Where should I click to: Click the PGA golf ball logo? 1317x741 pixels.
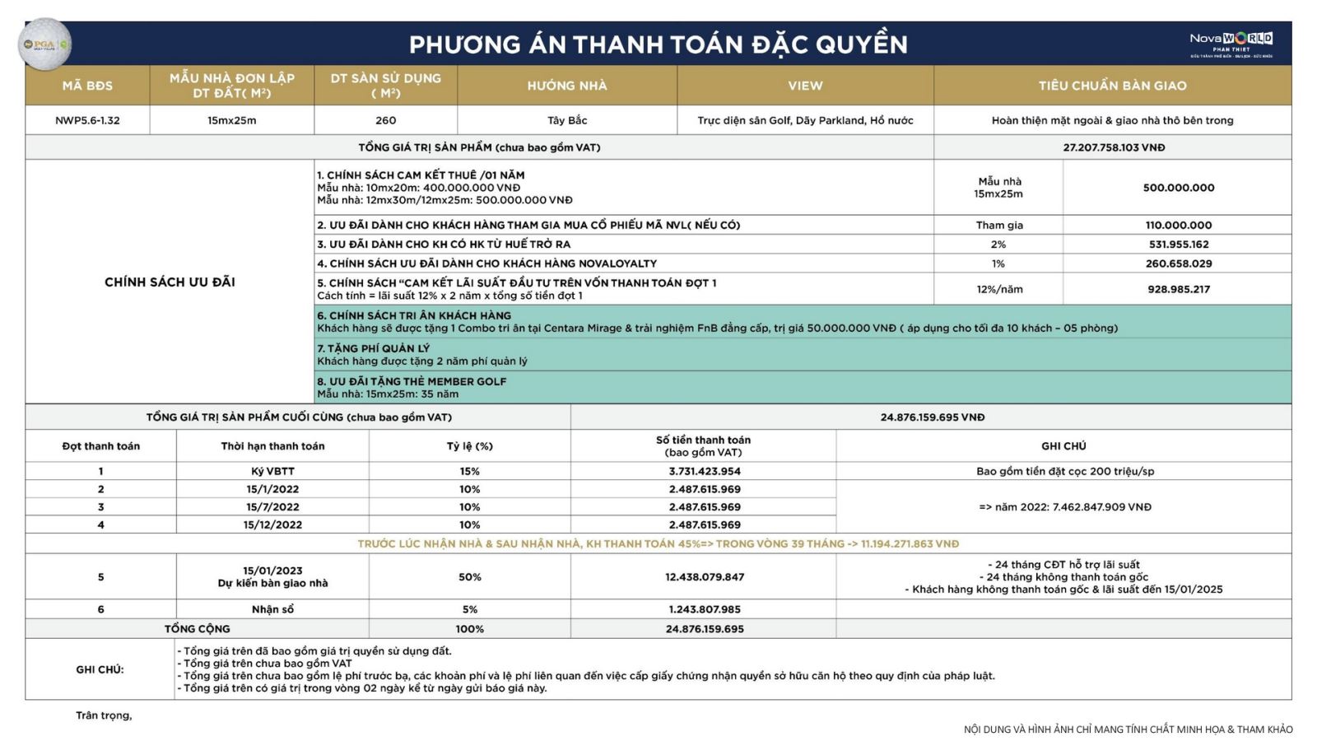click(x=44, y=44)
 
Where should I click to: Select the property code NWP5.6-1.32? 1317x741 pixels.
click(x=87, y=120)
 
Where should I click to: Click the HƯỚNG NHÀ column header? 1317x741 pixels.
click(x=567, y=86)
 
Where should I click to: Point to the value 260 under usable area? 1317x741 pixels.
click(x=385, y=120)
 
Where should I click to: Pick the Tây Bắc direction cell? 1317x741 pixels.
click(x=567, y=120)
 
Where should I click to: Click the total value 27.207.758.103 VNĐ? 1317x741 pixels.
click(x=1113, y=147)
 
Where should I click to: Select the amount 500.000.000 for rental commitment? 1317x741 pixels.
click(x=1178, y=188)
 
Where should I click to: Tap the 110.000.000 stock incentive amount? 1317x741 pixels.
click(x=1178, y=225)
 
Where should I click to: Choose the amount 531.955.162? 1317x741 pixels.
click(x=1178, y=245)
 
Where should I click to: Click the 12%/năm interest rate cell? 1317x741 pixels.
click(x=998, y=289)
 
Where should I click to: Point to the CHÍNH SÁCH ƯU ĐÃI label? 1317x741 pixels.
click(x=170, y=282)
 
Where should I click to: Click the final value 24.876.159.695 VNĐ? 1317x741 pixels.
click(x=932, y=417)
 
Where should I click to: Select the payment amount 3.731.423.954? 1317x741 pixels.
click(x=705, y=472)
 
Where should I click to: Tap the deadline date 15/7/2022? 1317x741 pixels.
click(x=272, y=507)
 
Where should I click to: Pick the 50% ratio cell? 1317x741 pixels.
click(x=469, y=577)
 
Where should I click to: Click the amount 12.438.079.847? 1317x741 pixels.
click(x=705, y=577)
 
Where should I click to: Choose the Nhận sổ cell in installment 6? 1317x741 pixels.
click(x=272, y=609)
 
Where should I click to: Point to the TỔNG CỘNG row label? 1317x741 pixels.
click(x=197, y=629)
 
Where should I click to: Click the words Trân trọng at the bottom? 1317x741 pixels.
click(x=104, y=715)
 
